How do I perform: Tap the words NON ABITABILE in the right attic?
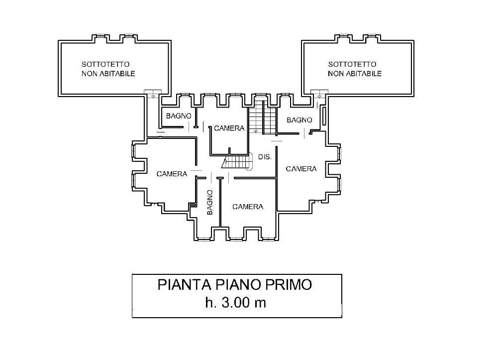coord(354,74)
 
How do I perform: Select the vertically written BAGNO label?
coord(209,202)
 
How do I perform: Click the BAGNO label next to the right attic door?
coord(299,120)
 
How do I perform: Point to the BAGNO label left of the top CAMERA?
coord(179,116)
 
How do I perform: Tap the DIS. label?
coord(265,157)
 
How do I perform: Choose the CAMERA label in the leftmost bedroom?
coord(172,174)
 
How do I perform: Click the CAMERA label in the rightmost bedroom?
coord(301,169)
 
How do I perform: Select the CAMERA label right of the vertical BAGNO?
coord(247,207)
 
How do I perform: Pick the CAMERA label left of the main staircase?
coord(229,128)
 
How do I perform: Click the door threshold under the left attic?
coord(152,93)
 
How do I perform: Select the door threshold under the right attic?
coord(318,93)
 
